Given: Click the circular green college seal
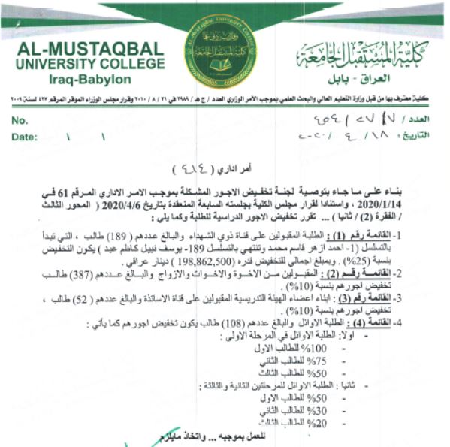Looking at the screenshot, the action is pyautogui.click(x=219, y=50).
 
